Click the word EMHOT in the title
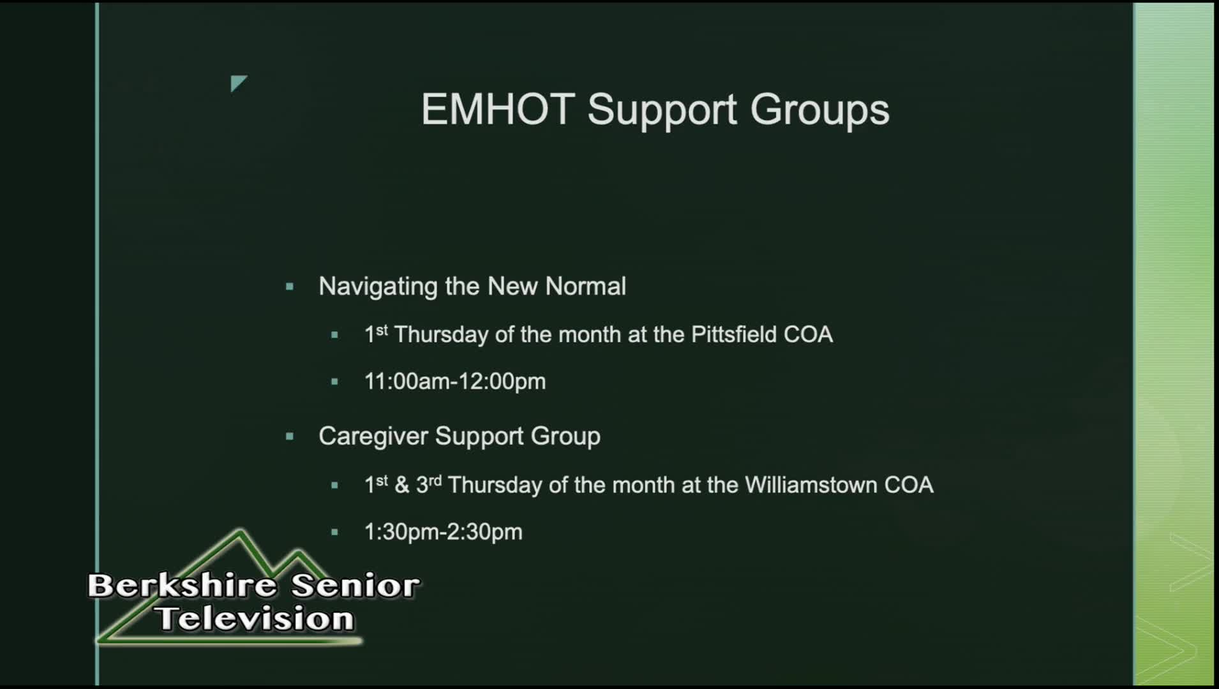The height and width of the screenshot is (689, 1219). coord(498,109)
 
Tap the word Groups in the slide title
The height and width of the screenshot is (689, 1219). coord(819,111)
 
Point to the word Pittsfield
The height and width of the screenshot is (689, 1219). coord(734,334)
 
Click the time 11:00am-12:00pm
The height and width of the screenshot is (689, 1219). coord(455,382)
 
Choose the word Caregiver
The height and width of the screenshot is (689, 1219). coord(373,436)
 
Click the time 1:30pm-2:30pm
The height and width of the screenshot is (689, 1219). coord(444,532)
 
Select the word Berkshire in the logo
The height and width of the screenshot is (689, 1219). coord(183,586)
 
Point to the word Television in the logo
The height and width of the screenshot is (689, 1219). coord(255,619)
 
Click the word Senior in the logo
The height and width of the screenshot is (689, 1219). coord(356,586)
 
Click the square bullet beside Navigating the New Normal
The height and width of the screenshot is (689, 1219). coord(290,287)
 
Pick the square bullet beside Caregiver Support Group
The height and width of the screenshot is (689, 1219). coord(290,437)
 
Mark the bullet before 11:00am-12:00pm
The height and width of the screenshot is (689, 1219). coord(334,382)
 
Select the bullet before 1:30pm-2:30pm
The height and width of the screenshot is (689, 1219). coord(334,533)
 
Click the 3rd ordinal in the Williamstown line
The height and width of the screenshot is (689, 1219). coord(429,484)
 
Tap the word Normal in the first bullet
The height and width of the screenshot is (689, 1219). coord(586,286)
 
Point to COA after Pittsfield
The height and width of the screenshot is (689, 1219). coord(809,334)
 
